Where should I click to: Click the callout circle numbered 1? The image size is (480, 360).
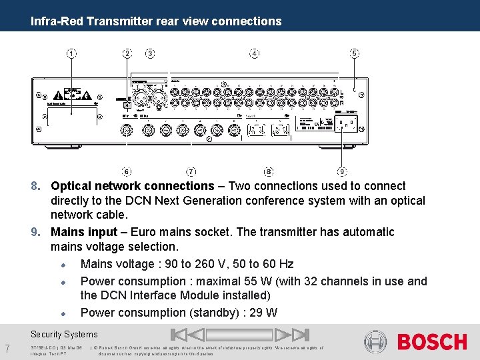click(71, 53)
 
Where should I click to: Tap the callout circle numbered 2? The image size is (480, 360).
click(127, 53)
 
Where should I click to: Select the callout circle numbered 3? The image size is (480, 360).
click(150, 53)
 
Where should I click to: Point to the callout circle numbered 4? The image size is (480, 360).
click(254, 53)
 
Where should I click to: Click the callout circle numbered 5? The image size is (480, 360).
click(355, 53)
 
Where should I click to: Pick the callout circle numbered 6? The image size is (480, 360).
click(127, 172)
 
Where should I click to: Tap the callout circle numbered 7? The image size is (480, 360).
click(191, 172)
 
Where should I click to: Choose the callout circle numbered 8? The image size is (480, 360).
click(269, 172)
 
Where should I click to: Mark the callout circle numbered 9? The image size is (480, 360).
click(342, 172)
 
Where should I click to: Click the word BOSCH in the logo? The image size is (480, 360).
click(432, 343)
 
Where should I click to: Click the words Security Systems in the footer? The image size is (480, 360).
click(64, 335)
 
